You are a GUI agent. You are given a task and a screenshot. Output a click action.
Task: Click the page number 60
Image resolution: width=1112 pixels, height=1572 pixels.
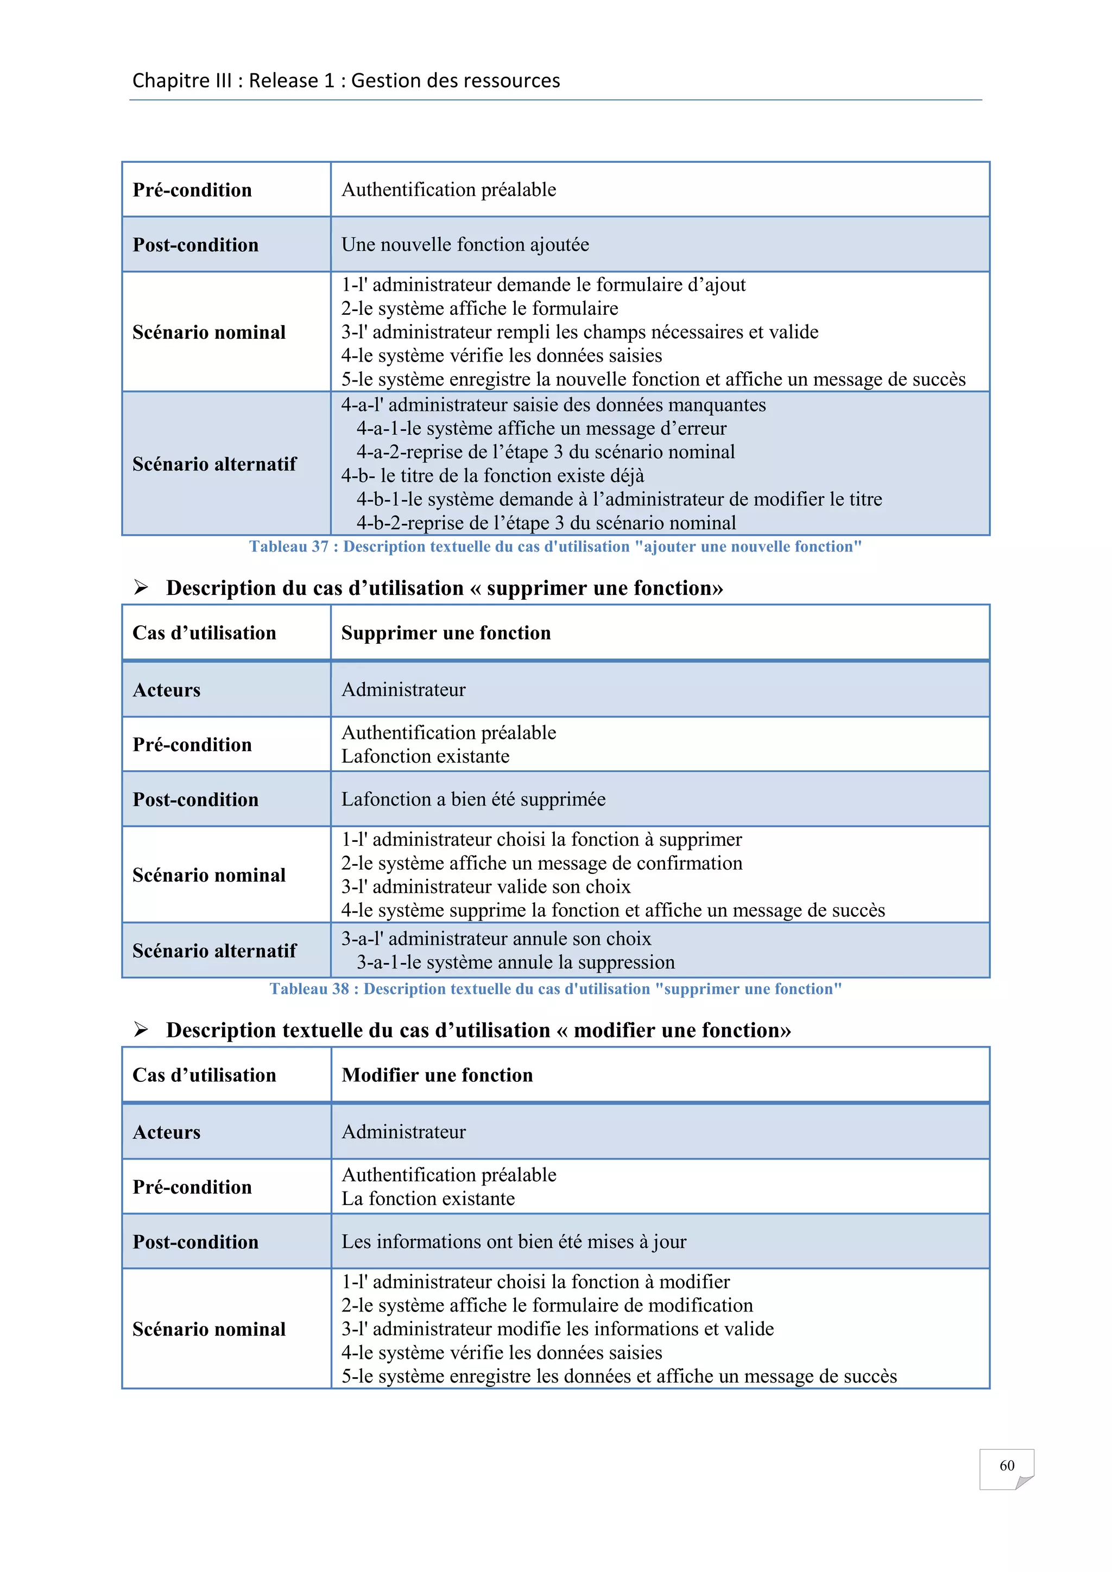(x=1006, y=1465)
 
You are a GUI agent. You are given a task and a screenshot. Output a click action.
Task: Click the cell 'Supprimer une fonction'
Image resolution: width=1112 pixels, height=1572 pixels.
(x=446, y=632)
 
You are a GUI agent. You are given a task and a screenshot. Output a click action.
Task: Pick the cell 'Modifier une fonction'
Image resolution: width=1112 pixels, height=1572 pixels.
(x=437, y=1075)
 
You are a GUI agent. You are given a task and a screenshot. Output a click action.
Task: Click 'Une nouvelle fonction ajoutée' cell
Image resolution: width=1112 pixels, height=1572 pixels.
(x=465, y=244)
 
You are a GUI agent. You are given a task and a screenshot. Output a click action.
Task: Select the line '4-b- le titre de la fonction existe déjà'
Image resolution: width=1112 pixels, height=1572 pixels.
(x=492, y=475)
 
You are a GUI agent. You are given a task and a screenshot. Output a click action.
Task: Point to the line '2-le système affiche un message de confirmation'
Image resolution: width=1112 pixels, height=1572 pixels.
(x=542, y=863)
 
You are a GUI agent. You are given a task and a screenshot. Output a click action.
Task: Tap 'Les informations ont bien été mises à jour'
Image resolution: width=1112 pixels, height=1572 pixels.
(x=514, y=1241)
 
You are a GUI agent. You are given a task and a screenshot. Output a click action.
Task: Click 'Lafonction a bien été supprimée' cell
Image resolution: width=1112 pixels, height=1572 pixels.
(x=473, y=799)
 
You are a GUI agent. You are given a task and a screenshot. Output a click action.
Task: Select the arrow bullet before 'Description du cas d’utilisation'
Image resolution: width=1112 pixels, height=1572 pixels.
(x=141, y=587)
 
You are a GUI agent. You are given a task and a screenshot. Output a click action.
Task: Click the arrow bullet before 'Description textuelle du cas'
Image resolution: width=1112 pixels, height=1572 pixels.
(x=141, y=1030)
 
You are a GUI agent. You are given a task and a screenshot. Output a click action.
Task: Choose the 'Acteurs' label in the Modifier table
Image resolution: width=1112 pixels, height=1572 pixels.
(x=166, y=1132)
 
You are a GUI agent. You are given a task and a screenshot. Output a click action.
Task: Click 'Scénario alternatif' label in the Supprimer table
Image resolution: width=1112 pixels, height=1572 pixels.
(x=214, y=950)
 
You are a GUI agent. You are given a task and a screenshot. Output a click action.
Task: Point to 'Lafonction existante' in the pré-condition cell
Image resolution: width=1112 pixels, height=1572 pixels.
(x=425, y=756)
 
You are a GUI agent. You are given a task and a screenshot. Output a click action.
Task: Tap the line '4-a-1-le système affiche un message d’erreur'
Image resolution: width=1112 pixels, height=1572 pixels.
(x=541, y=428)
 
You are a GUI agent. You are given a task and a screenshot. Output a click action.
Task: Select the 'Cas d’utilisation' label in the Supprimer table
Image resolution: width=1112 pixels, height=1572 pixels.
(x=204, y=632)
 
